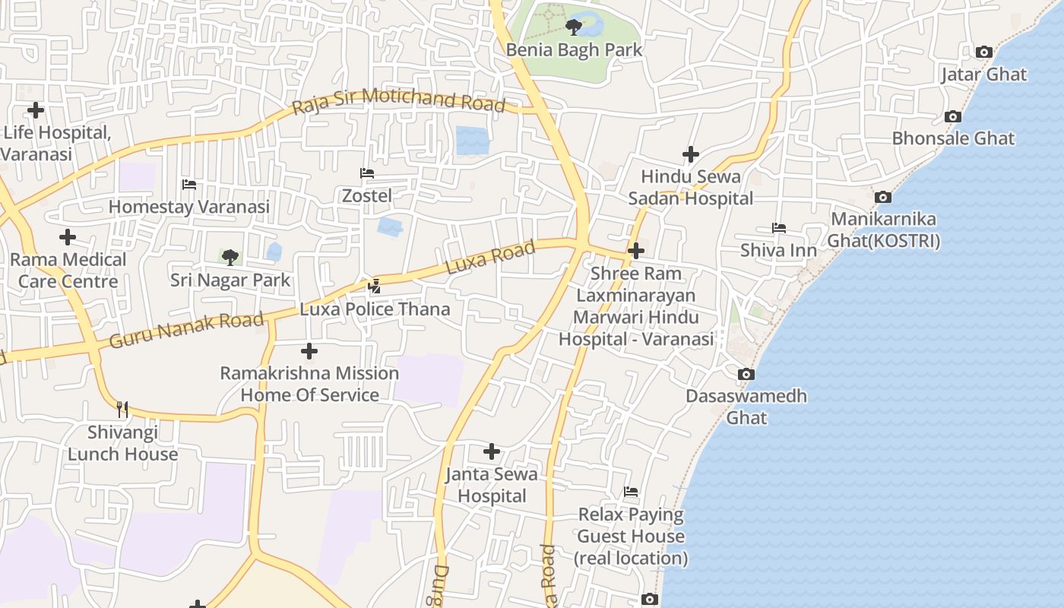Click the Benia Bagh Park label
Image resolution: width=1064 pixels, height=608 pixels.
tap(575, 50)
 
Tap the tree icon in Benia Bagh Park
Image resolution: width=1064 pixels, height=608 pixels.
tap(573, 28)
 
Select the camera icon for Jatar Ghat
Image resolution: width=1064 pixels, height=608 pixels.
tap(983, 52)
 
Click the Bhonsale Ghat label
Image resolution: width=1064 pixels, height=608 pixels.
tap(953, 138)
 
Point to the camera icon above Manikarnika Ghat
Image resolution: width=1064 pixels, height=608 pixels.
tap(882, 198)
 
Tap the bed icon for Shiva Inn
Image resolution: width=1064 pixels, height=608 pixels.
tap(778, 228)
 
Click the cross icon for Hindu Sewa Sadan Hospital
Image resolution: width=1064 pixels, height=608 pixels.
tap(690, 155)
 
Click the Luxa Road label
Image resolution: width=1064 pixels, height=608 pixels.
tap(490, 258)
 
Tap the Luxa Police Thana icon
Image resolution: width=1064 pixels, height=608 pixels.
tap(374, 287)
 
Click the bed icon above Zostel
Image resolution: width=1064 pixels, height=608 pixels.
tap(367, 174)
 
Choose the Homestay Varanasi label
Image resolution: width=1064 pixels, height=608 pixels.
tap(189, 207)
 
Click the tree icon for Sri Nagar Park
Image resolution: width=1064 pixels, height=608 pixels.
tap(230, 258)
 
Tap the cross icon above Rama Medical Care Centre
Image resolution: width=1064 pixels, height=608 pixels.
tap(68, 237)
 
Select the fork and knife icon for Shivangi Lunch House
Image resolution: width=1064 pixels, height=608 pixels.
tap(122, 410)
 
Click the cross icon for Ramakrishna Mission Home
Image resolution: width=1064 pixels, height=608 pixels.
tap(309, 351)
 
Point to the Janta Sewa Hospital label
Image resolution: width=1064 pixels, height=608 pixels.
tap(492, 485)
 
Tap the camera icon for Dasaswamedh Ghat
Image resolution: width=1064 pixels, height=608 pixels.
tap(746, 375)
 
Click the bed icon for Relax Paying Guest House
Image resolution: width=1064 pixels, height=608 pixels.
tap(631, 492)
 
